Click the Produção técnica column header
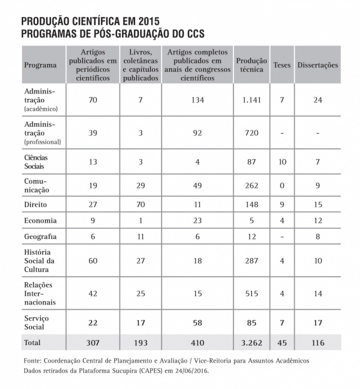click(x=247, y=64)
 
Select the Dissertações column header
click(x=317, y=65)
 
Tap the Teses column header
click(x=282, y=65)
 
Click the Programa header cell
click(x=40, y=65)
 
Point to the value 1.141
click(x=247, y=100)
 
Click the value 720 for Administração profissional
click(x=247, y=133)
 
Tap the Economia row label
click(x=40, y=220)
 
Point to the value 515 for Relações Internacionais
click(x=247, y=293)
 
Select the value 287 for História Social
click(x=247, y=261)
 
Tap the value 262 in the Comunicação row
click(x=247, y=185)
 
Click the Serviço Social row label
click(x=37, y=322)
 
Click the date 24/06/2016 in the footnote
click(x=206, y=371)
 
